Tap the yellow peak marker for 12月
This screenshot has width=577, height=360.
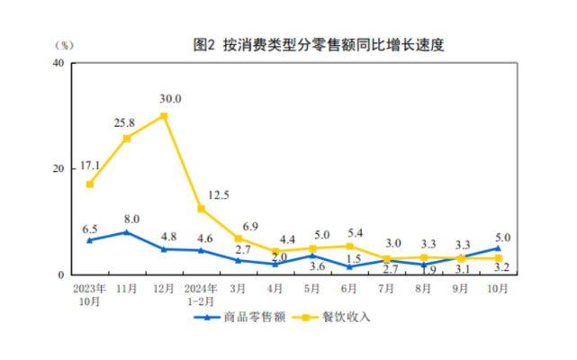pos(164,116)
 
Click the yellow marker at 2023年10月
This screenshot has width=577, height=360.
pos(89,184)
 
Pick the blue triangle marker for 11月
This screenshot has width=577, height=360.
pos(127,232)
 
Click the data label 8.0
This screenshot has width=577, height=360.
pos(131,218)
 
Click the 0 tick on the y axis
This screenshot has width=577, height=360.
pos(61,274)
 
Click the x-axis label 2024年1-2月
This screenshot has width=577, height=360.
pos(201,294)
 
